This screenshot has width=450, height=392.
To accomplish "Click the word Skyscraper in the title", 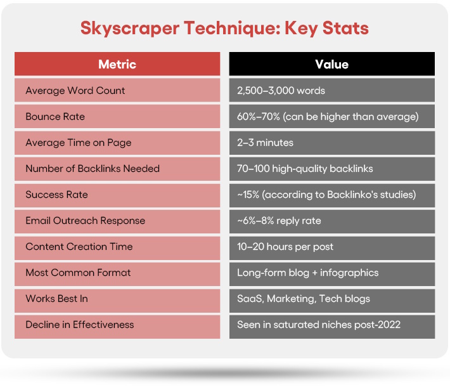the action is tap(130, 29).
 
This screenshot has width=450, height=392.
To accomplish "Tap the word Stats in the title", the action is tap(345, 28).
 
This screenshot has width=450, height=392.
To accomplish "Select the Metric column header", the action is tap(117, 64).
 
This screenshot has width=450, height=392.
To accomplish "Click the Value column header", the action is tap(331, 64).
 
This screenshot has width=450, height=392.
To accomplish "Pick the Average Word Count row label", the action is tap(75, 91).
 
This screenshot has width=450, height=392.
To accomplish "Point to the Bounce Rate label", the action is tap(55, 117).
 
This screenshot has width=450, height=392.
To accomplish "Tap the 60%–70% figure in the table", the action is tap(259, 117).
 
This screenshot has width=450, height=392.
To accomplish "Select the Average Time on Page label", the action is tap(79, 143).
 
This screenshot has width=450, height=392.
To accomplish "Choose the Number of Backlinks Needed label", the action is tap(93, 169).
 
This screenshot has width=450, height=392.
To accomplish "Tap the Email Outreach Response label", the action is tap(85, 221).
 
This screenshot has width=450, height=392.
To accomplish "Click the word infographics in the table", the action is tap(349, 273).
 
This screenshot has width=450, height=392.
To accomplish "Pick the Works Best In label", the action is tap(56, 299).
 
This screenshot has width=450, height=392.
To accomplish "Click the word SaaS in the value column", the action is tap(250, 299).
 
